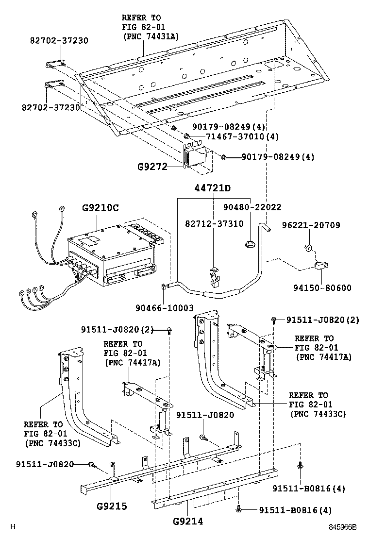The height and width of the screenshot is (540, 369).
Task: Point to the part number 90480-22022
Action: point(252,207)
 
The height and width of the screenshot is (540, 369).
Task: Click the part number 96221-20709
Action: point(311,225)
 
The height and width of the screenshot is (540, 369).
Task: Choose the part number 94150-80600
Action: point(321,287)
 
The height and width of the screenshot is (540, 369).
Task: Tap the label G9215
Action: point(111,506)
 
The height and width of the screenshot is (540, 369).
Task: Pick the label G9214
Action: point(187,522)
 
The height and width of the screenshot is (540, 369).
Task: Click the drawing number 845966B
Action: point(341,527)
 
